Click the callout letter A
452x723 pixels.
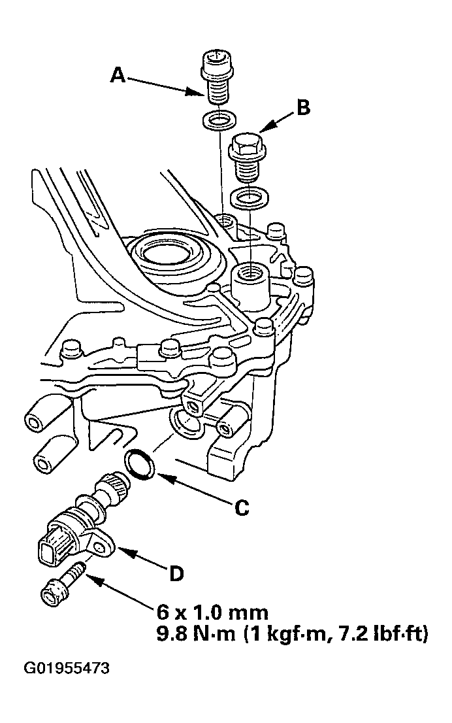(x=118, y=75)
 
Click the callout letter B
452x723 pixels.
(x=303, y=107)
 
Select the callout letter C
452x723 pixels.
(x=242, y=508)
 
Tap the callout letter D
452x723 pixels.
(x=176, y=573)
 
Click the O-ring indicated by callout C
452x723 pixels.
(x=140, y=463)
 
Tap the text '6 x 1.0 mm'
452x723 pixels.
(x=212, y=613)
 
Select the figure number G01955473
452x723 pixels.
(x=67, y=668)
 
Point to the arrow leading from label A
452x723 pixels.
(x=165, y=86)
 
